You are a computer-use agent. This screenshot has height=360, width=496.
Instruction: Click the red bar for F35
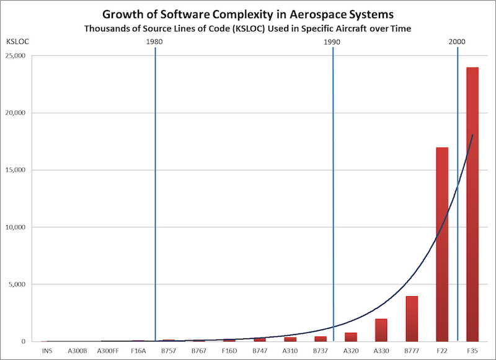pyautogui.click(x=472, y=204)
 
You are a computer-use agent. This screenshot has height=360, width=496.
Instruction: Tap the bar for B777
pyautogui.click(x=412, y=318)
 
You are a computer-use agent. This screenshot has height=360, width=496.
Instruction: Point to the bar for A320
pyautogui.click(x=351, y=337)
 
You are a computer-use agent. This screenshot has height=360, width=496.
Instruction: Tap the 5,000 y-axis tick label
pyautogui.click(x=27, y=284)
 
